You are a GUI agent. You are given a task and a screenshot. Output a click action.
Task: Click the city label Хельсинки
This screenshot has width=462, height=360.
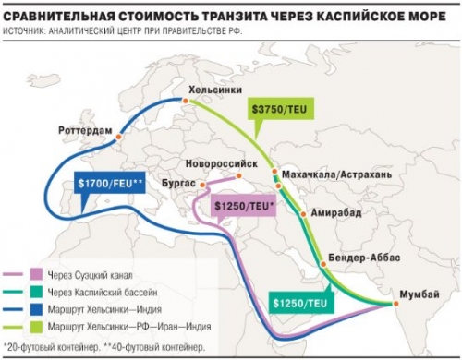(216, 90)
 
